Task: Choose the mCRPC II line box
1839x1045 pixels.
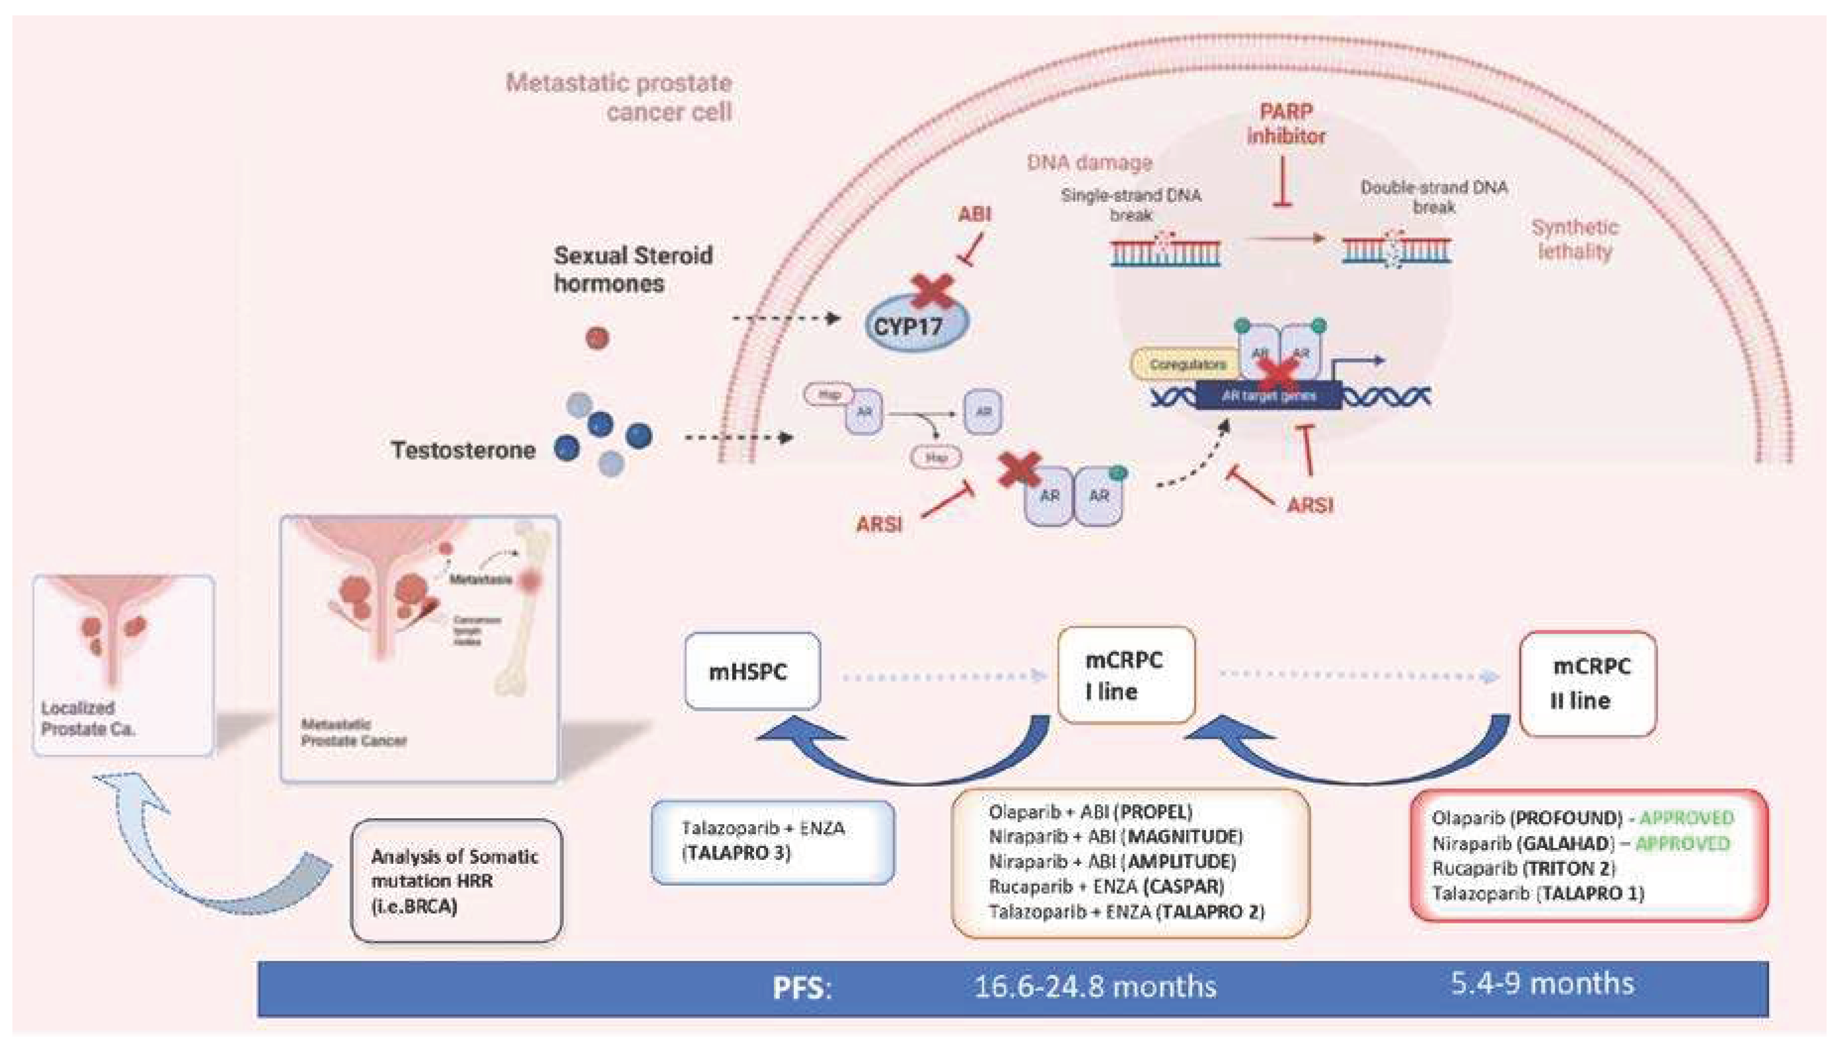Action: (x=1587, y=683)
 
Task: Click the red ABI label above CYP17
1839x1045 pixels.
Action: (x=974, y=214)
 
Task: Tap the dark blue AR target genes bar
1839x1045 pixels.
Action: (x=1268, y=395)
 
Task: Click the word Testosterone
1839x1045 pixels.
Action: (x=463, y=450)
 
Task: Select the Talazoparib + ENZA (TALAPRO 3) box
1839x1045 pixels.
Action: (x=772, y=841)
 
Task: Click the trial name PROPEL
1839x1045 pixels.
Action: (x=1155, y=812)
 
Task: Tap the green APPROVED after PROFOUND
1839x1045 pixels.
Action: (x=1686, y=817)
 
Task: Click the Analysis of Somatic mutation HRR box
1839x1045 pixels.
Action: (x=455, y=881)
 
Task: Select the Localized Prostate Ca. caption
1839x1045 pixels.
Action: (x=87, y=718)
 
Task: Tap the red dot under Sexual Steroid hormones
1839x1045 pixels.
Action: (x=597, y=337)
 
